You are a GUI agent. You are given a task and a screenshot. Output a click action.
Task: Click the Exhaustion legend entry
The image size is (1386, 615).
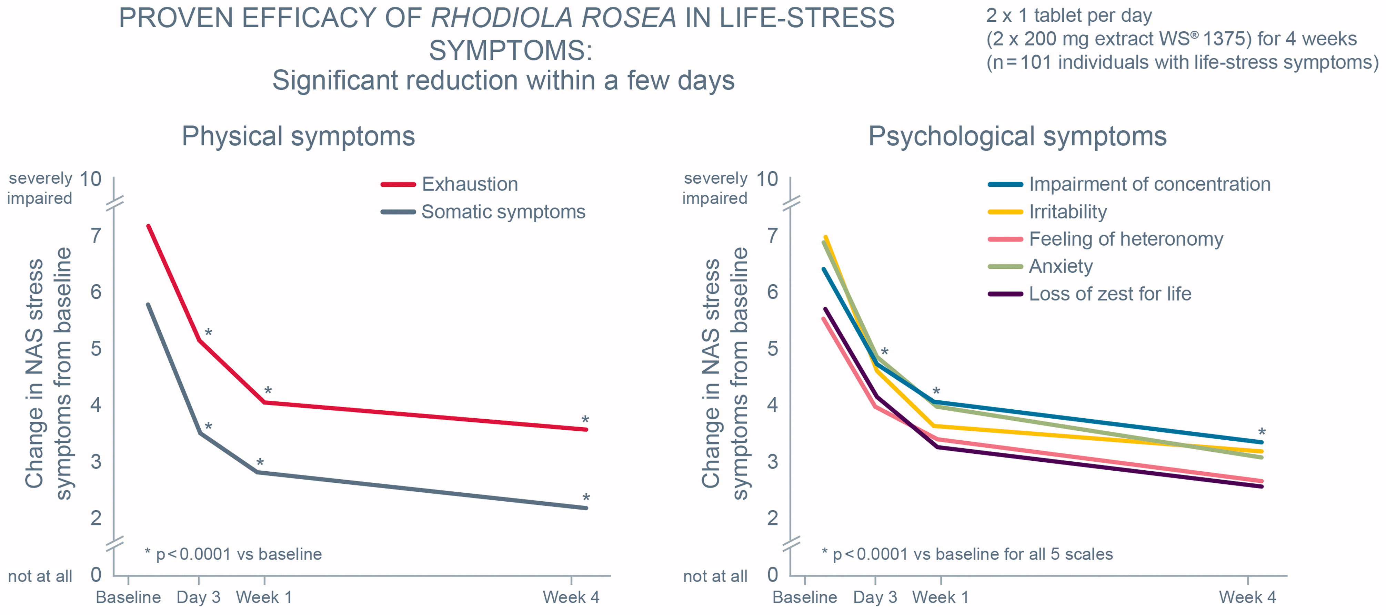coord(469,184)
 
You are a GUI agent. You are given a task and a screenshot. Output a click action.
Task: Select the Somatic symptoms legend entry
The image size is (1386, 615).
coord(503,212)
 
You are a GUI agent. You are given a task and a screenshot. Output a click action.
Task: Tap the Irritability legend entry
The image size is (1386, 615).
coord(1067,212)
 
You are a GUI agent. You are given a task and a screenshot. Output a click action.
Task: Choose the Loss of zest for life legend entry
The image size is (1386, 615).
coord(1109,294)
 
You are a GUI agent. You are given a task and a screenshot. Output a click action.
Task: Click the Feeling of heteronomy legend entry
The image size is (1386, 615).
coord(1126,239)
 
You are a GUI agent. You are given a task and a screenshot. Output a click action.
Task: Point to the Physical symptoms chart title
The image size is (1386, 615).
coord(298,136)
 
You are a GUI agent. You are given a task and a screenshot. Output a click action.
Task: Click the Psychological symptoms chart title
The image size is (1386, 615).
coord(1017,136)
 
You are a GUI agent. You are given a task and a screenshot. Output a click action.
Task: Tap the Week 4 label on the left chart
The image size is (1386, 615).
coord(570,597)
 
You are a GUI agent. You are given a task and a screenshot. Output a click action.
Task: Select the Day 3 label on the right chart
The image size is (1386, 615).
coord(875,597)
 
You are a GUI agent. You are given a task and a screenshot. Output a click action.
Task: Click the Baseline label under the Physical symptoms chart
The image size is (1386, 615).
coord(128,597)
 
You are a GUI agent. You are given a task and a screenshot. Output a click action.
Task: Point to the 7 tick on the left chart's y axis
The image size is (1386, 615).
coord(96,235)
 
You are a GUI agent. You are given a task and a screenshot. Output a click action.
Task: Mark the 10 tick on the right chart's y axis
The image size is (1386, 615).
coord(767,179)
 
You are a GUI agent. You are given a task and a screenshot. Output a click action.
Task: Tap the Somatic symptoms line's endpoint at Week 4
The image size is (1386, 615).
coord(586,508)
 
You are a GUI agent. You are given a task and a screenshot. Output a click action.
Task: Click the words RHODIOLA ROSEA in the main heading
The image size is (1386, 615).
coord(553,18)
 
